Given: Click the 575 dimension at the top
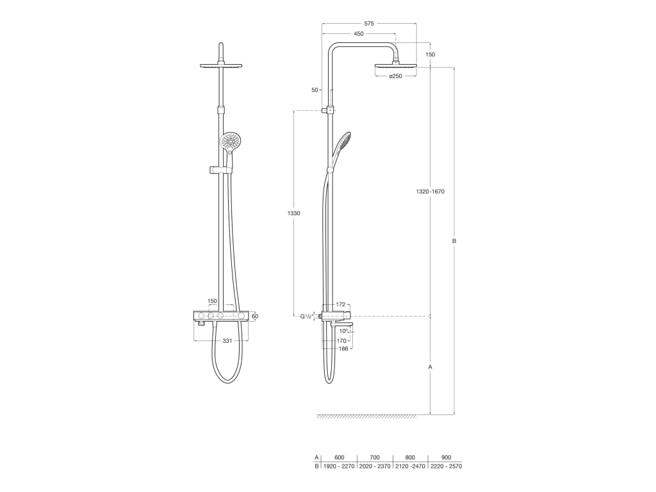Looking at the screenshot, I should [x=368, y=22].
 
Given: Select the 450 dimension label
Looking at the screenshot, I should [x=359, y=33].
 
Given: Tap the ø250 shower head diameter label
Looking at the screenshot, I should [x=396, y=77].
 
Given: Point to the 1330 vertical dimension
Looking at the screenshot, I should [x=294, y=213].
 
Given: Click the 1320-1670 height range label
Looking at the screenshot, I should [x=430, y=192].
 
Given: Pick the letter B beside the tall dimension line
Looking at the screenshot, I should [x=454, y=241].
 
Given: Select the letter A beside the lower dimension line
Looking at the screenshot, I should [x=430, y=367].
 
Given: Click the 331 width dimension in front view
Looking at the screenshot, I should [x=227, y=341].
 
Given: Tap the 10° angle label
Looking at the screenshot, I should [x=343, y=331].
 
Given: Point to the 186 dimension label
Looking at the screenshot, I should [x=343, y=348].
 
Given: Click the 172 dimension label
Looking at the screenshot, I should [x=341, y=304].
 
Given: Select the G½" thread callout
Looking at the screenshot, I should [x=307, y=316].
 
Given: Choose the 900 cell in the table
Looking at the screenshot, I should [x=446, y=457].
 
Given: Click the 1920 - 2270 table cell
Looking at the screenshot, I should [x=340, y=466].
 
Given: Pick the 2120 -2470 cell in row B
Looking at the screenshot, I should [x=410, y=466].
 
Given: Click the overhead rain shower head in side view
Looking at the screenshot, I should [x=395, y=65].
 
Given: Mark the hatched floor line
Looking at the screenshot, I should [x=366, y=416].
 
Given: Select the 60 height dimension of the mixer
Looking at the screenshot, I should [x=255, y=316].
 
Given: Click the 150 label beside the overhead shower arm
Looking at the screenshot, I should [x=430, y=54].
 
